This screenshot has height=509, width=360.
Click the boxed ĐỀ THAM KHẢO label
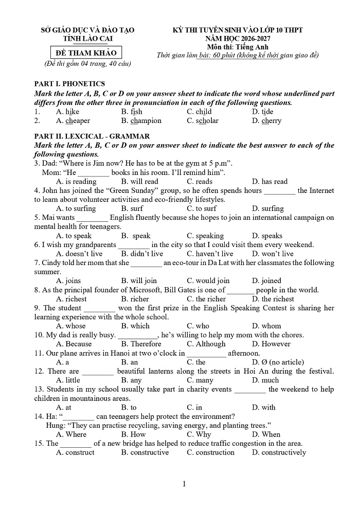pos(87,52)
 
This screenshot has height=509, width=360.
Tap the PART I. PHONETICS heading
pos(69,84)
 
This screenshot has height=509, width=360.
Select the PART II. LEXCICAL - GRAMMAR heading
pos(92,136)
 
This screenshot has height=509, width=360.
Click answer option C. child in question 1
pos(199,112)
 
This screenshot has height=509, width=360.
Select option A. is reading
pos(76,181)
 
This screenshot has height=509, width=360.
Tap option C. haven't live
pos(210,254)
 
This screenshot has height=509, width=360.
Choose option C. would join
pos(208,280)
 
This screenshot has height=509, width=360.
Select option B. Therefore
pos(141,344)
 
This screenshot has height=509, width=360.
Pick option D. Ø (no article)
pos(278,362)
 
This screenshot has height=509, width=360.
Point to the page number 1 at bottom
pos(184,484)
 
